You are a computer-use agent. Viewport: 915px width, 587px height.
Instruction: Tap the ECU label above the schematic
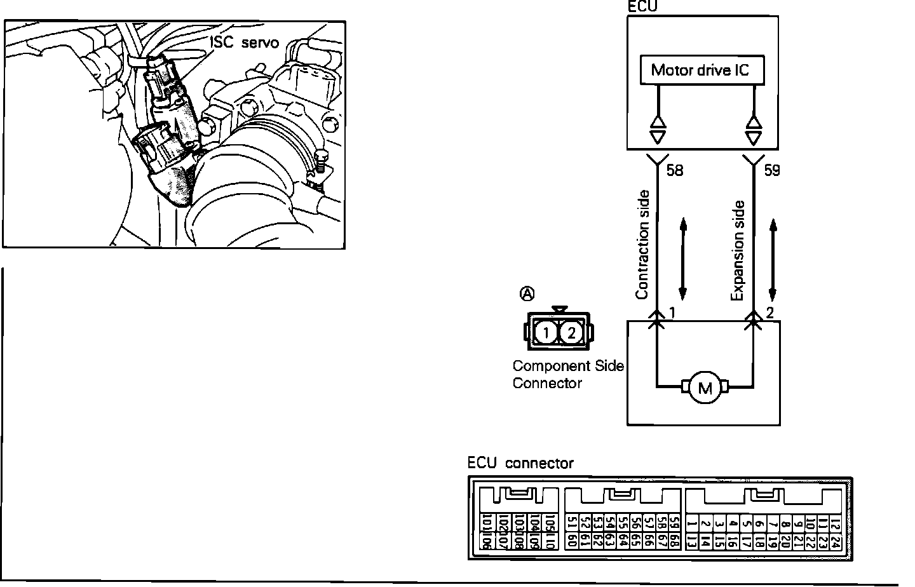click(x=641, y=6)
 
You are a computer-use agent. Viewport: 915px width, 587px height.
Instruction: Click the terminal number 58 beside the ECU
click(x=675, y=170)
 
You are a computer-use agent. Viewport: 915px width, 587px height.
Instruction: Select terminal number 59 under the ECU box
click(x=771, y=170)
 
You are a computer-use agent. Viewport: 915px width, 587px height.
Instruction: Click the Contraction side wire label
click(x=642, y=245)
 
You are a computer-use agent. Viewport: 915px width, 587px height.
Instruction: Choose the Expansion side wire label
click(x=737, y=250)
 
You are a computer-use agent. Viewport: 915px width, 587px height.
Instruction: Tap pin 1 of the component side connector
click(x=546, y=332)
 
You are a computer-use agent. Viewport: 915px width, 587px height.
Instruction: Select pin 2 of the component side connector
click(x=571, y=332)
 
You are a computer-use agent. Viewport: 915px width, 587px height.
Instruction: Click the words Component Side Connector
click(x=567, y=374)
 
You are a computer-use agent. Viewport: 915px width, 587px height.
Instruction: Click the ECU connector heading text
click(x=520, y=463)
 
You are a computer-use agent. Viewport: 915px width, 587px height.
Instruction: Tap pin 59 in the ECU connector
click(x=674, y=523)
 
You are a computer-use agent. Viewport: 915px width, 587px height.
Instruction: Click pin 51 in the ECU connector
click(x=570, y=523)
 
